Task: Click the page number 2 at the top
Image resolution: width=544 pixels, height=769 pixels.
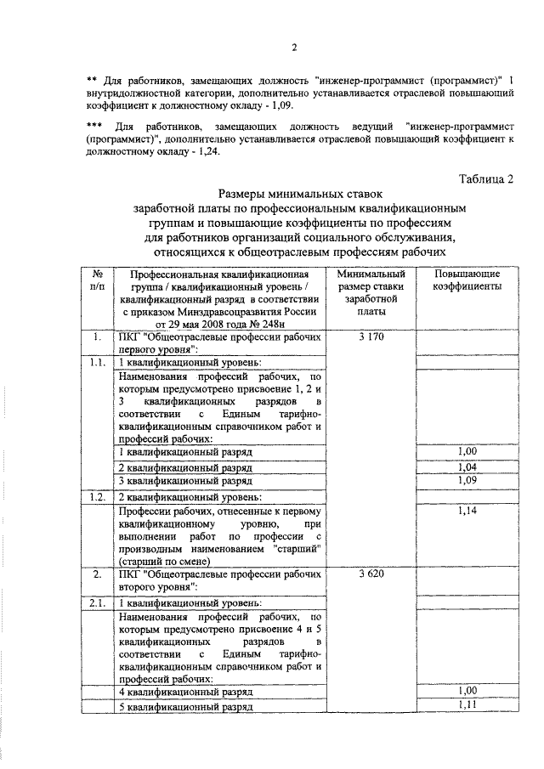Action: (x=294, y=47)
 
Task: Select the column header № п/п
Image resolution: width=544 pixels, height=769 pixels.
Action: (x=98, y=281)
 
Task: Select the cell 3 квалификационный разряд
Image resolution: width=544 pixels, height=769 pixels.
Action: (x=185, y=482)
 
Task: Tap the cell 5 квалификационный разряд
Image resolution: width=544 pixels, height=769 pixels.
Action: (x=185, y=706)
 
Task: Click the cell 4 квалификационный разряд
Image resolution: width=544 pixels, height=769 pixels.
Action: (x=185, y=693)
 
